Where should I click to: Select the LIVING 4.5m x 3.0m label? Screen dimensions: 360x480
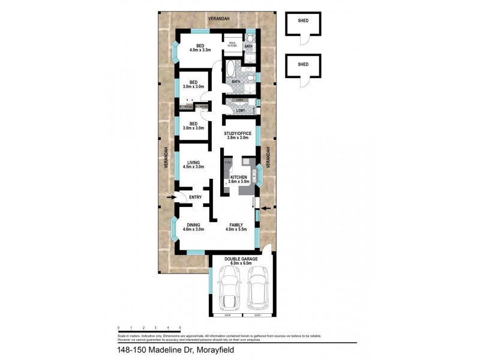(x=193, y=164)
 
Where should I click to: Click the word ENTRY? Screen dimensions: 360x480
(x=195, y=197)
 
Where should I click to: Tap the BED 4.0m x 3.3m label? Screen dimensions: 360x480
(x=200, y=47)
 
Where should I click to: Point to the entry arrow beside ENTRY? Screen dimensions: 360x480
(x=170, y=197)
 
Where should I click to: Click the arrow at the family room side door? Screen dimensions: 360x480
(x=266, y=208)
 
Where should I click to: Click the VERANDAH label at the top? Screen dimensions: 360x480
(x=218, y=19)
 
